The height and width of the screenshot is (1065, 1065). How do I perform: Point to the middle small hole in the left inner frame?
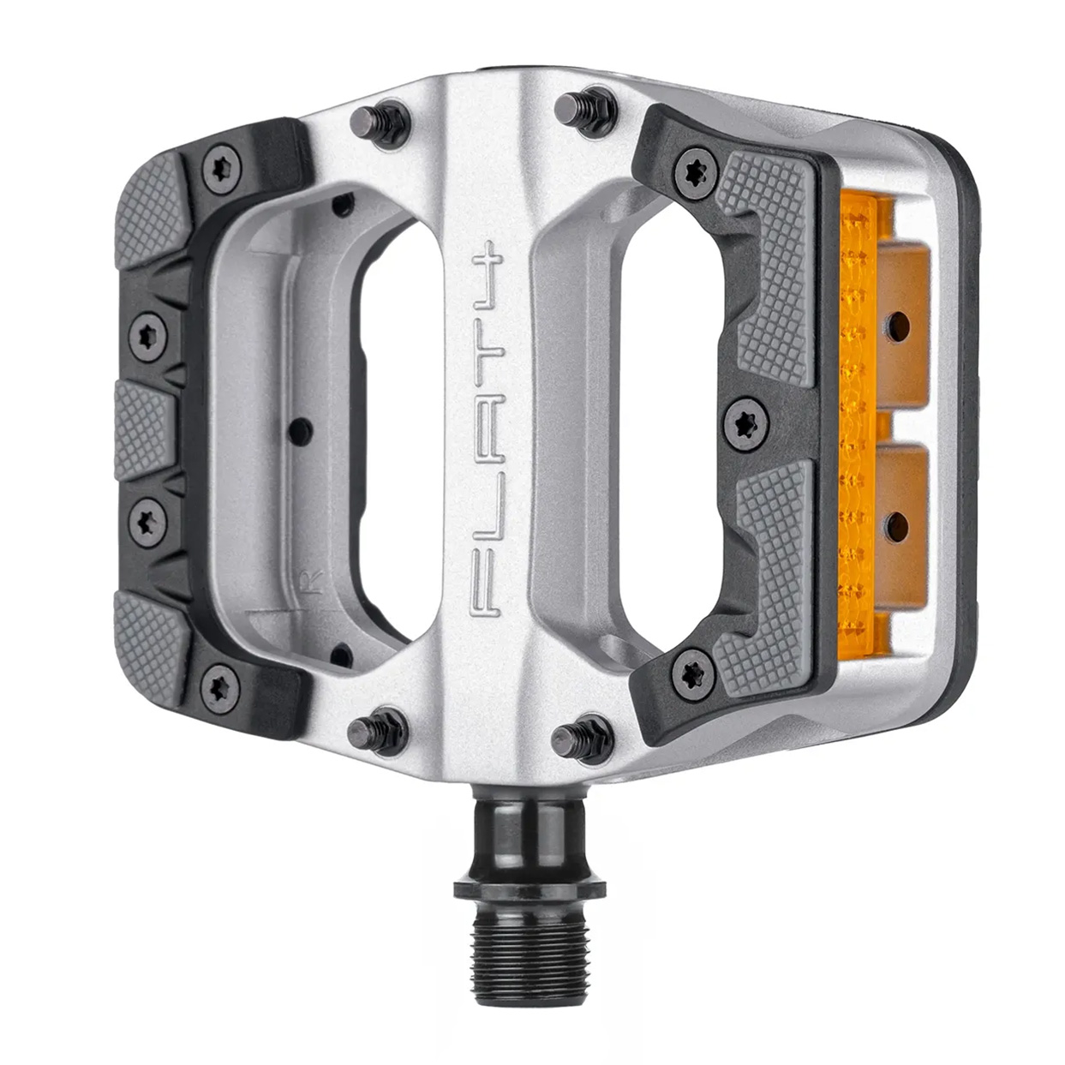tap(297, 427)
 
